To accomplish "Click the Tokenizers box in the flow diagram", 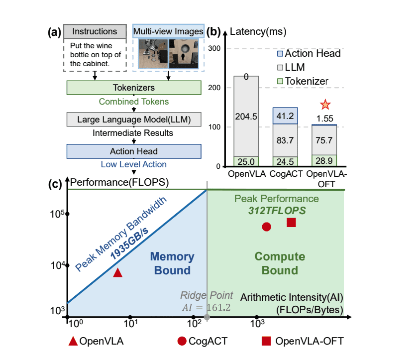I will pos(133,88).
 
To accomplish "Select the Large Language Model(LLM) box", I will pos(133,120).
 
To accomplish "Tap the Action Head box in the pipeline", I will pos(133,151).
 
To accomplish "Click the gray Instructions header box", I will pos(95,31).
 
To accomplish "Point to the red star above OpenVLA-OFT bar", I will pos(325,105).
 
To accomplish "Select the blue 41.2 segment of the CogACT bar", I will pos(286,116).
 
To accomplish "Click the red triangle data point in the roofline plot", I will pos(117,272).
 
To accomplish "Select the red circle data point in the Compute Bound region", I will pos(266,227).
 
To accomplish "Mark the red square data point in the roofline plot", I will pos(292,222).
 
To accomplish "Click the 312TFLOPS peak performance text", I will pos(277,211).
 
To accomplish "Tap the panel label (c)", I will pos(54,183).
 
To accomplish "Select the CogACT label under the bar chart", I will pos(286,175).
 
